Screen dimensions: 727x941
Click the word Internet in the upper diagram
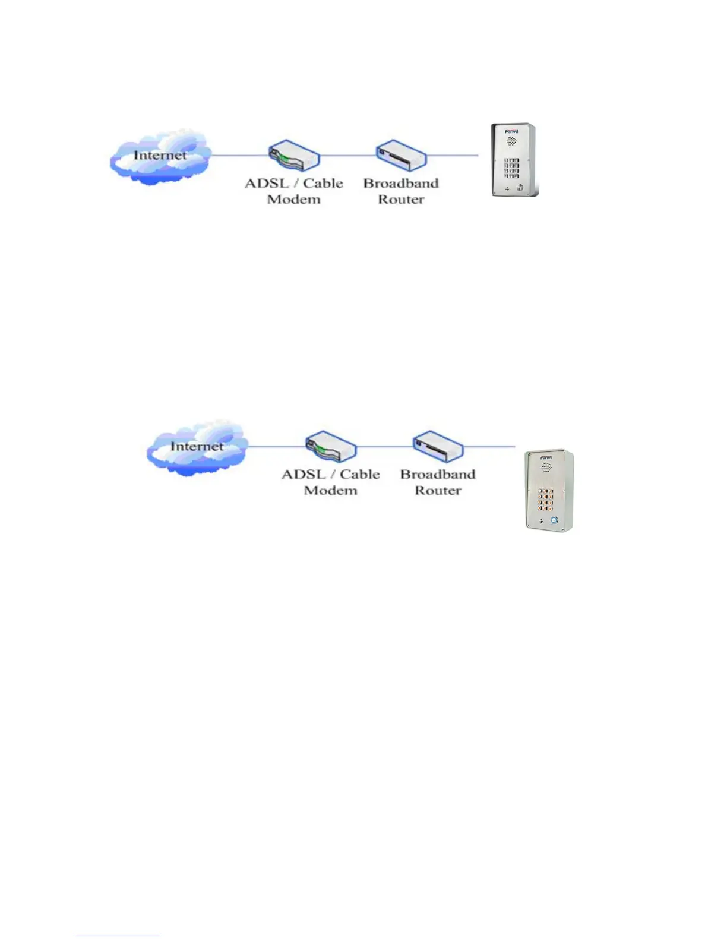pyautogui.click(x=160, y=155)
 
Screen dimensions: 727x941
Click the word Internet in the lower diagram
pyautogui.click(x=197, y=446)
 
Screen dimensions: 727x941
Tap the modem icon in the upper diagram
pyautogui.click(x=294, y=156)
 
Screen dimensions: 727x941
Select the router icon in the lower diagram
pyautogui.click(x=438, y=446)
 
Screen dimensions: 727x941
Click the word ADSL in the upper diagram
pyautogui.click(x=266, y=183)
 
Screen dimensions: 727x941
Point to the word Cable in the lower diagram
pyautogui.click(x=359, y=474)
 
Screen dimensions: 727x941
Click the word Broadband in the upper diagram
pyautogui.click(x=401, y=183)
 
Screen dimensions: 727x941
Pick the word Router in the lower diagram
pyautogui.click(x=438, y=490)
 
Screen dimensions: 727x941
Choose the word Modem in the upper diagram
pyautogui.click(x=293, y=199)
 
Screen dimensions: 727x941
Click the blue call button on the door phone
pyautogui.click(x=555, y=520)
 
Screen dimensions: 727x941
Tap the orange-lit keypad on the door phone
pyautogui.click(x=546, y=500)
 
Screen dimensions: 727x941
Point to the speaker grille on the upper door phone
pyautogui.click(x=511, y=142)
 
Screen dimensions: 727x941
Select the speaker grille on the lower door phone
pyautogui.click(x=546, y=468)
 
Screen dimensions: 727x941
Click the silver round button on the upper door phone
pyautogui.click(x=520, y=188)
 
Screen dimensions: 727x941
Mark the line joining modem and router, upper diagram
pyautogui.click(x=348, y=156)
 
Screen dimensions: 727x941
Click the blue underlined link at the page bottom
pyautogui.click(x=118, y=936)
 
